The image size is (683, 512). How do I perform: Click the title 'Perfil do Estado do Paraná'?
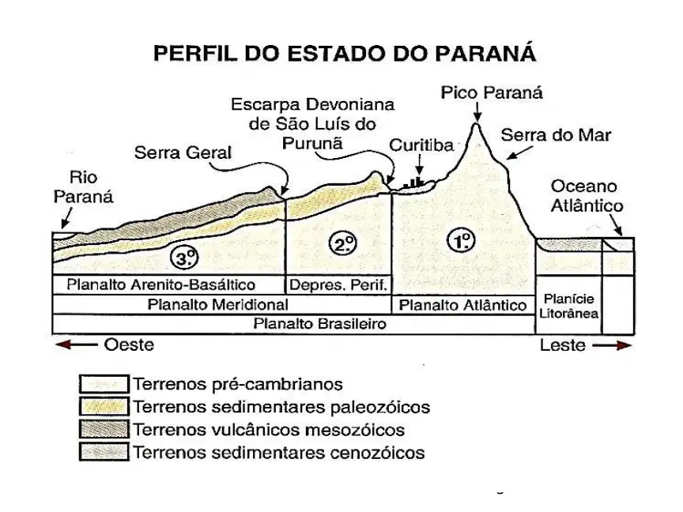tap(345, 54)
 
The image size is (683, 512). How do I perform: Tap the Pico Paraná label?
tap(492, 92)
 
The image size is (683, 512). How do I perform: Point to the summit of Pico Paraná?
tap(476, 124)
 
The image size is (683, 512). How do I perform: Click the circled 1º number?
tap(462, 240)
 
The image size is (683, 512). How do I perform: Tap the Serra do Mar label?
tap(556, 135)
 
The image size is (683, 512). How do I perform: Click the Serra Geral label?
tap(183, 152)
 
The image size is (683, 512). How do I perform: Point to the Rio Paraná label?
tap(83, 187)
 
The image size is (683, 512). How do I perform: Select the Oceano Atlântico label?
tap(587, 196)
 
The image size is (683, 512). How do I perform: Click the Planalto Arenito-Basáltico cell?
tap(168, 284)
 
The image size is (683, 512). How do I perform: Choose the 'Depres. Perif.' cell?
tap(338, 284)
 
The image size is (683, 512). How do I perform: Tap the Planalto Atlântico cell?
tap(463, 305)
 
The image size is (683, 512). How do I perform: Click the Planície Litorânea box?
tap(568, 305)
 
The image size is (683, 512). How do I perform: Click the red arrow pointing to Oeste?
tap(76, 344)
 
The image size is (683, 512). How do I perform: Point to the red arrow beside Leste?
tap(612, 346)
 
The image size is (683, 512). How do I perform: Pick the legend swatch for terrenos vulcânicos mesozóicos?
tap(104, 429)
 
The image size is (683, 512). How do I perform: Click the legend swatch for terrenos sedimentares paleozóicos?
tap(104, 407)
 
